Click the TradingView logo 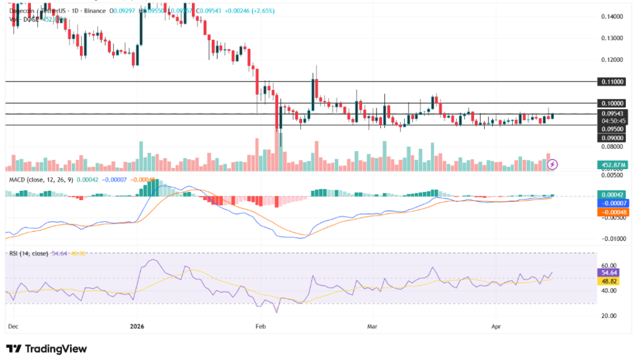tap(46, 349)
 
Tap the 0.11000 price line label tap(612, 82)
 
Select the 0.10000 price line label tap(612, 103)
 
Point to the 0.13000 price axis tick tap(612, 38)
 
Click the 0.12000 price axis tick tap(612, 60)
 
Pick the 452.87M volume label tap(612, 165)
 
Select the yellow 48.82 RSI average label tap(612, 281)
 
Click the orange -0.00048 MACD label tap(612, 212)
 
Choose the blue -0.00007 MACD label tap(612, 203)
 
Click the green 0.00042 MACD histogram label tap(612, 195)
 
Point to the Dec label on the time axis tap(12, 325)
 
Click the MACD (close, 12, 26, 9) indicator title tap(40, 180)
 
